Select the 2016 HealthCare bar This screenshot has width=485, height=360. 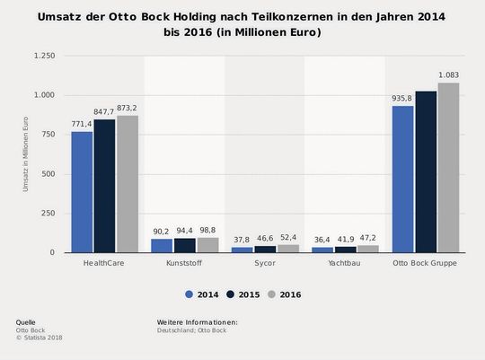128,184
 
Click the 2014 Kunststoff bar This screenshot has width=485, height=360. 162,245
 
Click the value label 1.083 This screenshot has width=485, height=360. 449,75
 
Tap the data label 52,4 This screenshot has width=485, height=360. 288,237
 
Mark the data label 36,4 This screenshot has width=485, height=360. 322,240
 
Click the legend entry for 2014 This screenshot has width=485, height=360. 202,294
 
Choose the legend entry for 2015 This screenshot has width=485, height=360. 242,294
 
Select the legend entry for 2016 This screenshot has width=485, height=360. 283,294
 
